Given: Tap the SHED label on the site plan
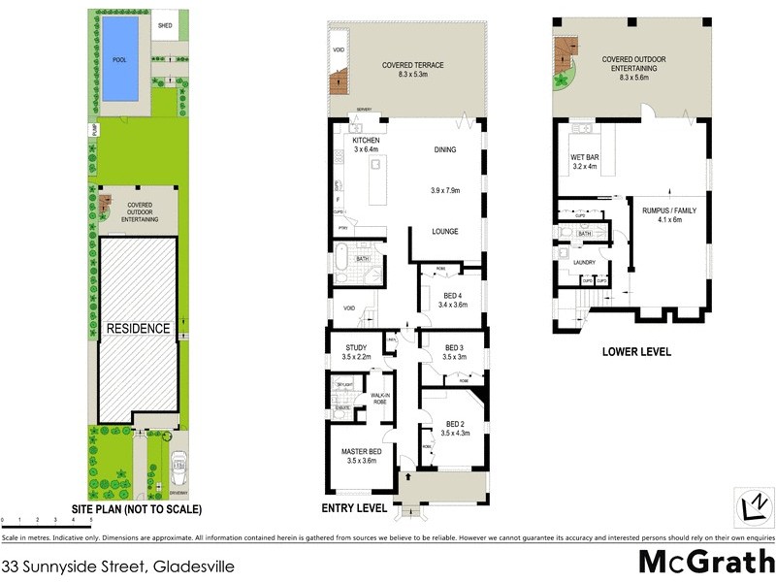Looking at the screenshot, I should pos(166,25).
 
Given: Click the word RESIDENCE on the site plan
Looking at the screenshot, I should pos(138,329).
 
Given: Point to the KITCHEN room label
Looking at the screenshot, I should pos(368,141).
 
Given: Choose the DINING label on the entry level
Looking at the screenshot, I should pos(446,150).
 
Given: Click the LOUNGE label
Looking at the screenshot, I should pos(445,231).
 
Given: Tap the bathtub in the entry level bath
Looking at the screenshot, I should pos(340,259).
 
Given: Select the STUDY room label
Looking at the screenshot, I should pos(355,347).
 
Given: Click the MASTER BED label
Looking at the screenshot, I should pos(361,452).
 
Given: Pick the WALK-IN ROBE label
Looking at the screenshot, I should pos(380,399).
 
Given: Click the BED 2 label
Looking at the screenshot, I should pos(456,424).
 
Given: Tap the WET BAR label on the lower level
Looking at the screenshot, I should pos(584,156).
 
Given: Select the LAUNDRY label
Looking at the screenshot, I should pos(584,262).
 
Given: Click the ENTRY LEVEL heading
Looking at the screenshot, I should pos(354,507).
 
